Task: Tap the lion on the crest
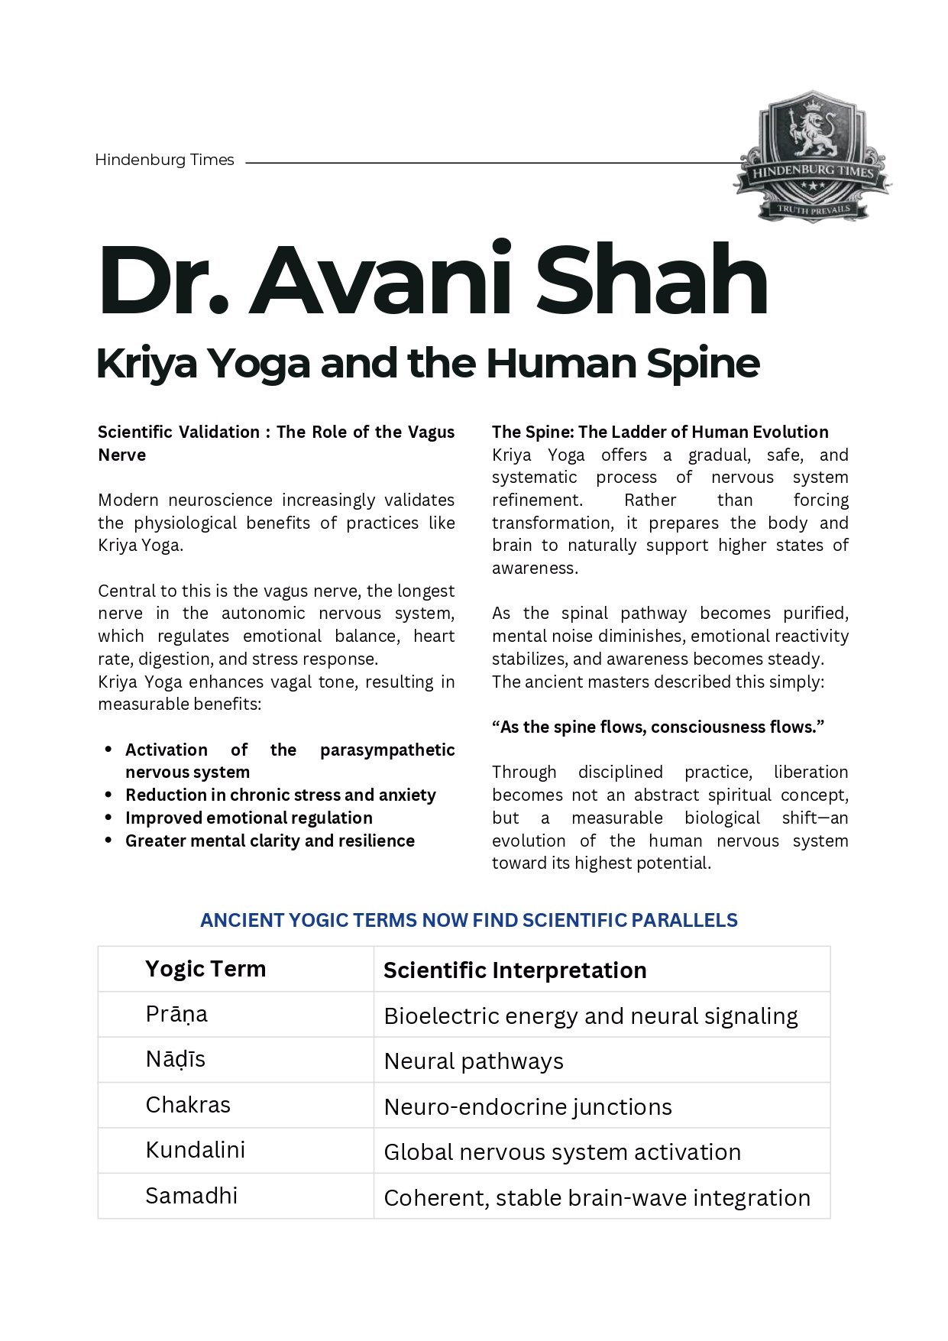pos(813,138)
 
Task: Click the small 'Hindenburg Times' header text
pos(164,160)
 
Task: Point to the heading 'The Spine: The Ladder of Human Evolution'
pos(660,432)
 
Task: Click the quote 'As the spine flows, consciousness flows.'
pos(658,727)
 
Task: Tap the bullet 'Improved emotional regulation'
pos(249,818)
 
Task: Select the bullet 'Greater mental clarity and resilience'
pos(270,841)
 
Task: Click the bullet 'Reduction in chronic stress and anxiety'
pos(280,795)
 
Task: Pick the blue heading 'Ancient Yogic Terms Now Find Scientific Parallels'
pos(468,920)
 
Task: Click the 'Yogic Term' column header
pos(205,969)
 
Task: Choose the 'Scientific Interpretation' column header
pos(515,970)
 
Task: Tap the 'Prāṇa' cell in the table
pos(176,1014)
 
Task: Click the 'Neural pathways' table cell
pos(474,1061)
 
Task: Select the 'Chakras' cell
pos(188,1105)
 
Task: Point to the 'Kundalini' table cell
pos(195,1150)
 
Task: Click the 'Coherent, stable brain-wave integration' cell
pos(597,1197)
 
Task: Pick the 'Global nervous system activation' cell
pos(562,1152)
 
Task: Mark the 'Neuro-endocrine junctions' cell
pos(528,1106)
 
